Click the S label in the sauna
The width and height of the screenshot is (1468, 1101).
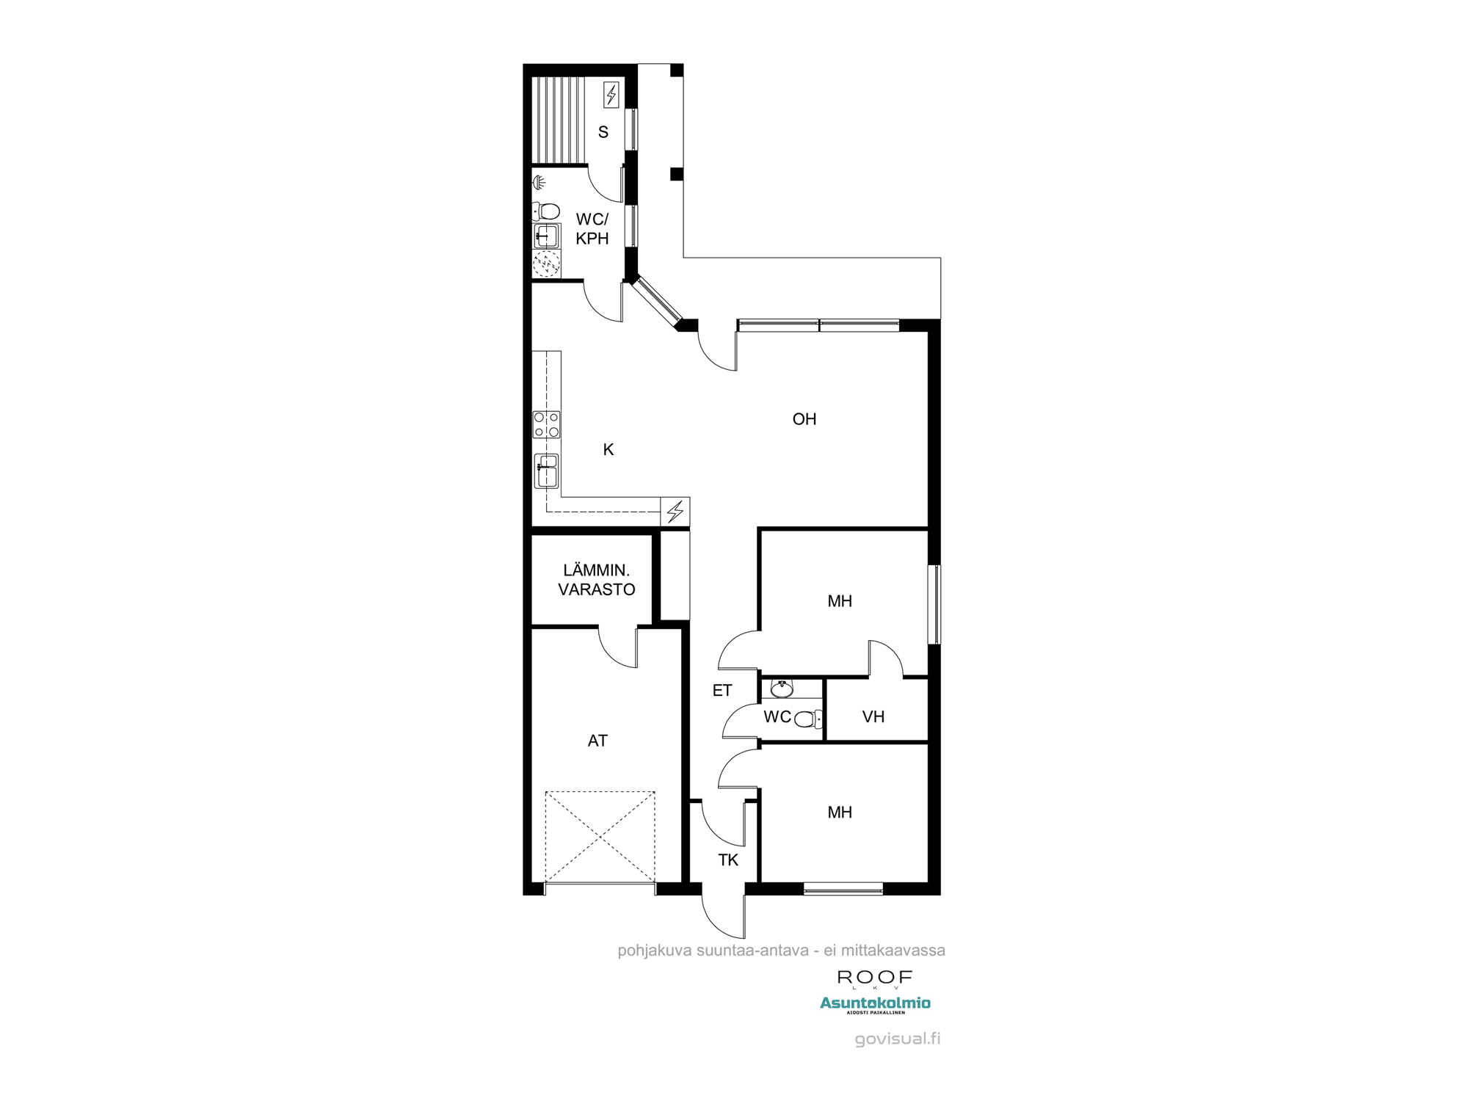point(603,132)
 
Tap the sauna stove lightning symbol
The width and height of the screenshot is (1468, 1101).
point(611,95)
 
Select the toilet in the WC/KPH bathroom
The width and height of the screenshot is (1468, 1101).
point(545,211)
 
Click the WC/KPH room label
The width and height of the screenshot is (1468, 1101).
point(592,228)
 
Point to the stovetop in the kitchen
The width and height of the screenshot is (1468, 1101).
point(547,424)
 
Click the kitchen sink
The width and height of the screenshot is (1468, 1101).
point(546,471)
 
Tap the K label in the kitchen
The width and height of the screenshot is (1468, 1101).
point(608,450)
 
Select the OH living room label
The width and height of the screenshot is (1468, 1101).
point(804,419)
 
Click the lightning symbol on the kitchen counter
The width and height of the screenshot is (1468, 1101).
point(675,511)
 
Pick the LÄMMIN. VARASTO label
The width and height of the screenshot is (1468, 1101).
point(597,580)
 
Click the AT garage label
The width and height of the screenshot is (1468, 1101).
point(597,741)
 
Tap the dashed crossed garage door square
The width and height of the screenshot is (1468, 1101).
point(600,837)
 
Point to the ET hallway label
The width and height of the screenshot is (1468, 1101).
point(722,691)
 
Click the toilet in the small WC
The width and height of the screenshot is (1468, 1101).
point(808,719)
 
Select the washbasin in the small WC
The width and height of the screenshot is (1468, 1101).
point(781,688)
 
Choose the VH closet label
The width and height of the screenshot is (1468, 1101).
point(873,717)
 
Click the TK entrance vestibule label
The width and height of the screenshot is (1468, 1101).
point(728,860)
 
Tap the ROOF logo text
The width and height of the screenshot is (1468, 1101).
point(875,978)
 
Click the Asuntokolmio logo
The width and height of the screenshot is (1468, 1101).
point(875,1005)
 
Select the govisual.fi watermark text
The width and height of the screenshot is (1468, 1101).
point(898,1039)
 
